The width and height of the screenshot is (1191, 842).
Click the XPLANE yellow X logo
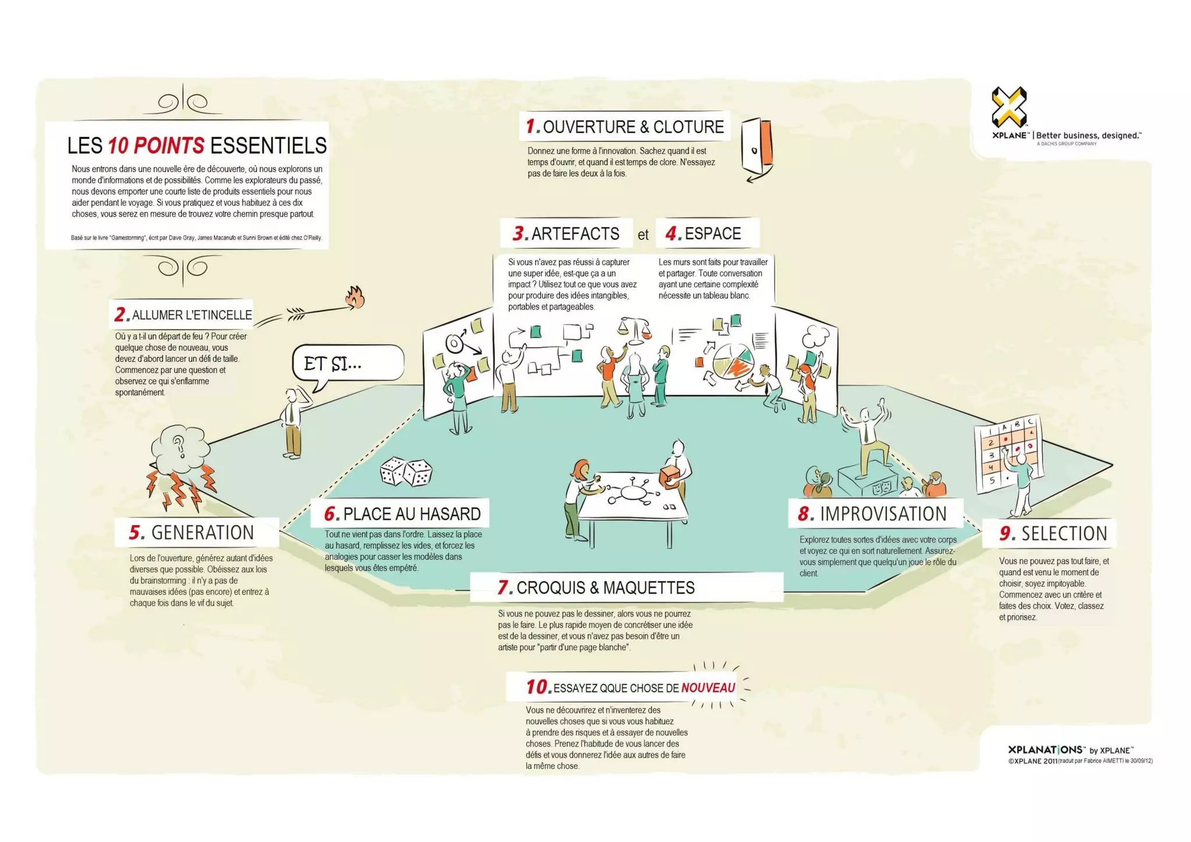click(x=1009, y=106)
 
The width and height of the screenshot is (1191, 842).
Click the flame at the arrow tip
click(x=355, y=297)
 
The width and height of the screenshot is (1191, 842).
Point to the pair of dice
click(x=406, y=471)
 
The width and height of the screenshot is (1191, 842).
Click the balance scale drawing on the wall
click(x=635, y=328)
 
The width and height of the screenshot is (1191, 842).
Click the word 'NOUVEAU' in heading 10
click(x=708, y=688)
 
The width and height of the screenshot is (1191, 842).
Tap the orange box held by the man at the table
click(x=669, y=475)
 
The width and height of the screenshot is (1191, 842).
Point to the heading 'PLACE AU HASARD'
click(x=411, y=514)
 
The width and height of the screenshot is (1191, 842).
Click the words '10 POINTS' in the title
click(x=156, y=145)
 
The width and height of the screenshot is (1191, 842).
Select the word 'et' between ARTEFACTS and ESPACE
click(x=643, y=235)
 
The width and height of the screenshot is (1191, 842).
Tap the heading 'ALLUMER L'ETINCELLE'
click(x=191, y=315)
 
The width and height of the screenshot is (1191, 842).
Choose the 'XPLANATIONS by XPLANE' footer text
click(x=1070, y=750)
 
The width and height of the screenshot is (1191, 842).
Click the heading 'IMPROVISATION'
click(x=883, y=514)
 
